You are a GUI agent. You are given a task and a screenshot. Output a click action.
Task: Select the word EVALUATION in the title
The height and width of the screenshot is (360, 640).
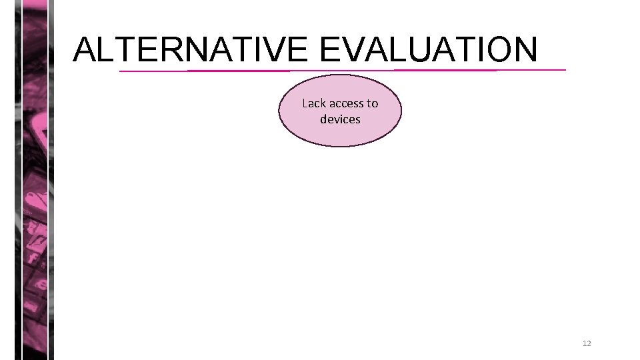tap(428, 49)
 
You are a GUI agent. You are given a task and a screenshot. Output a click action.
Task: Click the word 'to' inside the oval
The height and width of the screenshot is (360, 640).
tap(372, 103)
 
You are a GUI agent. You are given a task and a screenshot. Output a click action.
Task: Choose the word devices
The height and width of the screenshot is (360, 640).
tap(340, 119)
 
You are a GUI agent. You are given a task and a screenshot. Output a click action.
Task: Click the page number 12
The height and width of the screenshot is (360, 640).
tap(587, 343)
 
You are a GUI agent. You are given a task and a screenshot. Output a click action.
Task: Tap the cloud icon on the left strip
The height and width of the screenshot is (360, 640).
tap(35, 199)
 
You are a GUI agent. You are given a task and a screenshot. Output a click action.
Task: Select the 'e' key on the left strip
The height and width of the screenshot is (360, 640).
tap(41, 285)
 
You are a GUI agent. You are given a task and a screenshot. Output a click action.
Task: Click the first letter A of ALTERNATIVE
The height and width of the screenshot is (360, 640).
tap(85, 49)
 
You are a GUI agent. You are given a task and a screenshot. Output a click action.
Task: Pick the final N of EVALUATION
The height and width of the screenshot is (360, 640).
tap(523, 49)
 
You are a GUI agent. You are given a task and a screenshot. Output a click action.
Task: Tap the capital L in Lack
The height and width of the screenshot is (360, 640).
tap(305, 103)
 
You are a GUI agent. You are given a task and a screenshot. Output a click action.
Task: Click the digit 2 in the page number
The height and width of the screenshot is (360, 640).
tap(589, 343)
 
